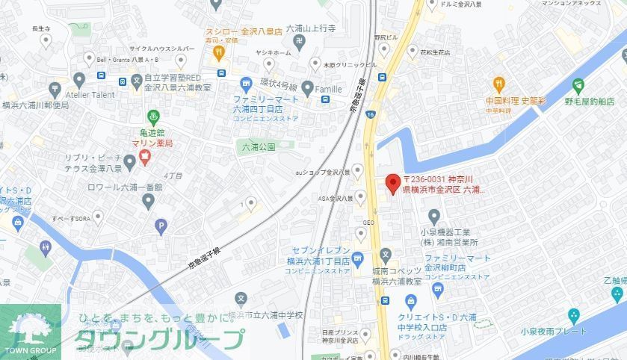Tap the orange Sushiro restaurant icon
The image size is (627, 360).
pyautogui.click(x=219, y=52)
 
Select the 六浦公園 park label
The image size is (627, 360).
pyautogui.click(x=259, y=147)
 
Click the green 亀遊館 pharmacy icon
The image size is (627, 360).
pyautogui.click(x=153, y=117)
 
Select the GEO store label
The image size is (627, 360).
pyautogui.click(x=368, y=223)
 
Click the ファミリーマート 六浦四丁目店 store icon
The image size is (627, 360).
pyautogui.click(x=246, y=86)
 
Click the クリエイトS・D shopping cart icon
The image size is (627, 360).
pyautogui.click(x=410, y=300)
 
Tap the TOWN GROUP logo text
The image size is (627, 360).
pyautogui.click(x=30, y=350)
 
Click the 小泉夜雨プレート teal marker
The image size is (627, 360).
pyautogui.click(x=573, y=315)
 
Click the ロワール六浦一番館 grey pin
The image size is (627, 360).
pyautogui.click(x=148, y=201)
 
